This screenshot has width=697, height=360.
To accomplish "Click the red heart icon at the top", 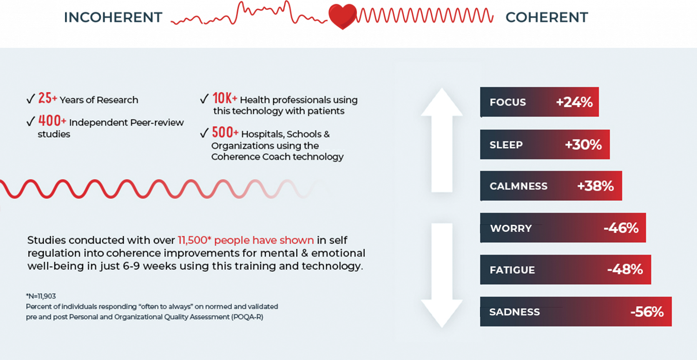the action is pos(342,17).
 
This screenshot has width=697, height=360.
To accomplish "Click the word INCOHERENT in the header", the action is pos(113,18).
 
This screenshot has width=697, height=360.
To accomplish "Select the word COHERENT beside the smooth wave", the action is pos(547,18).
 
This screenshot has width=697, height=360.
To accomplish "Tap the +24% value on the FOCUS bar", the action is pos(574,102).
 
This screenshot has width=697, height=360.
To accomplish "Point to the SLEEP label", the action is pos(506,144).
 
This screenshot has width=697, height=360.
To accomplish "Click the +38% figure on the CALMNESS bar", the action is pos(595,186).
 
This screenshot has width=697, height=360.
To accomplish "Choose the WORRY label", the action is pos(511,229).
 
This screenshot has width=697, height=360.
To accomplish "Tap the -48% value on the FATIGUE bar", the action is pos(625,269).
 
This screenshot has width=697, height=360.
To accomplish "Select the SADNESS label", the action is pos(514,312).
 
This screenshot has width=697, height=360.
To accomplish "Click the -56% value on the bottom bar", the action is pos(647,312).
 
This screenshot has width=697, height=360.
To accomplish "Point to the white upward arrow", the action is pos(442,140).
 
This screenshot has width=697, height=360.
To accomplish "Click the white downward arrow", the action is pos(442,275).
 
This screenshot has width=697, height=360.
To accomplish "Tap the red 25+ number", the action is pos(47,98).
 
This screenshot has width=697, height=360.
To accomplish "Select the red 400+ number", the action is pos(52,121).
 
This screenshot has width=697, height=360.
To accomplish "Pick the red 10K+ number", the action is pos(224,98).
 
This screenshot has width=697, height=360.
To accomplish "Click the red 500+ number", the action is pos(225,132).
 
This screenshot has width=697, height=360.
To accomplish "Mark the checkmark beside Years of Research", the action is pos(31,99).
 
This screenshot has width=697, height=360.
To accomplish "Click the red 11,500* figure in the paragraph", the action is pos(195,240).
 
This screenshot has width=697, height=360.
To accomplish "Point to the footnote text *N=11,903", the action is pos(41,296).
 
